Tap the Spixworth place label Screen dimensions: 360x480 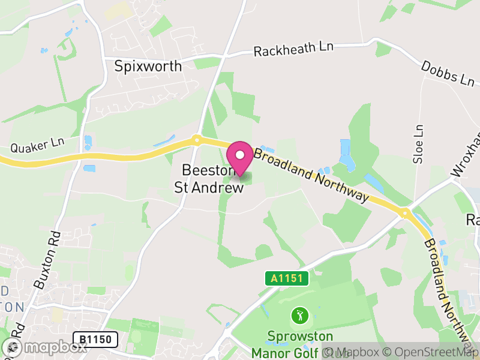coord(148,66)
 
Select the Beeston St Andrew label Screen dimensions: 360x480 coord(209,179)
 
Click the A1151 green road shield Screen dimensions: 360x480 coord(287,278)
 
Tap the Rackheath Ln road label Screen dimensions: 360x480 coord(293,50)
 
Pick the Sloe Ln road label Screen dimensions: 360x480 coord(419,144)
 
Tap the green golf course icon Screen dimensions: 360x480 coord(299,314)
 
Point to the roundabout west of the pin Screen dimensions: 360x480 coord(196,141)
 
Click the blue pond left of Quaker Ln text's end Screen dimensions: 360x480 coord(88,142)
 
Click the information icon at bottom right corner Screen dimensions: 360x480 coord(328,352)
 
